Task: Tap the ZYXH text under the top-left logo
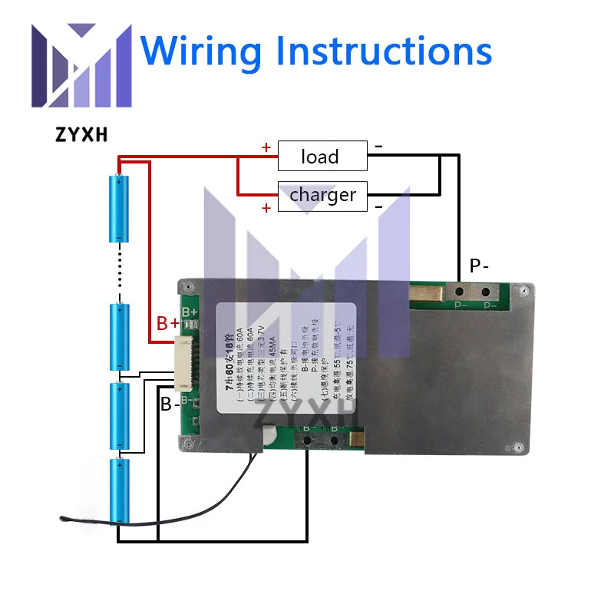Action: click(x=81, y=135)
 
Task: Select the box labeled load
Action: click(x=321, y=157)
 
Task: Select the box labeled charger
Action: click(x=322, y=195)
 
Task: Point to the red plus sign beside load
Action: click(x=266, y=148)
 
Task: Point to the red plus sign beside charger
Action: click(x=266, y=208)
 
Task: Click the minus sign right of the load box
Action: click(x=378, y=146)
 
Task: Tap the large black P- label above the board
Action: click(x=479, y=266)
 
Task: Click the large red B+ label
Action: click(x=168, y=323)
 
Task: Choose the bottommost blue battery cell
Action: click(x=120, y=491)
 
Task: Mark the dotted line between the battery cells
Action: click(x=120, y=272)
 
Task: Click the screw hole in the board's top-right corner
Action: click(x=522, y=291)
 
